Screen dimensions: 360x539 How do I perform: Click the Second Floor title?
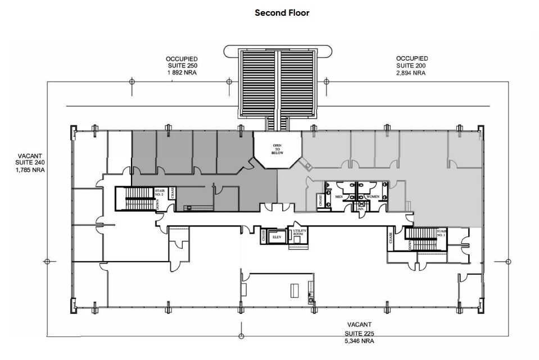pos(282,12)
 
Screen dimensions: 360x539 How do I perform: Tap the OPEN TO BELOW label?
pos(277,148)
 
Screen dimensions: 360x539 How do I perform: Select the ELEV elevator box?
pos(276,237)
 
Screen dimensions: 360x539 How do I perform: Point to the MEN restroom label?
pos(339,197)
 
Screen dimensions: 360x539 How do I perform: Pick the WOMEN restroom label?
pos(373,197)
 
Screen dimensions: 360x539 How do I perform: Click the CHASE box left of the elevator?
pos(263,236)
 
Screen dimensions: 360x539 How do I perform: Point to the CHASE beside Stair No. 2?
pos(172,193)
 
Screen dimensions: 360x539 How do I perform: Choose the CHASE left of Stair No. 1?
pos(390,239)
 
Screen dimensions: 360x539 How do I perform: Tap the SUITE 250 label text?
pos(181,66)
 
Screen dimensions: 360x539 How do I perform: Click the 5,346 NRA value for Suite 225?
pos(360,340)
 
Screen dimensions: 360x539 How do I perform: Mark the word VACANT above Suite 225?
pos(360,325)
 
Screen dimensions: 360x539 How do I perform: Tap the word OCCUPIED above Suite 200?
pos(411,58)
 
